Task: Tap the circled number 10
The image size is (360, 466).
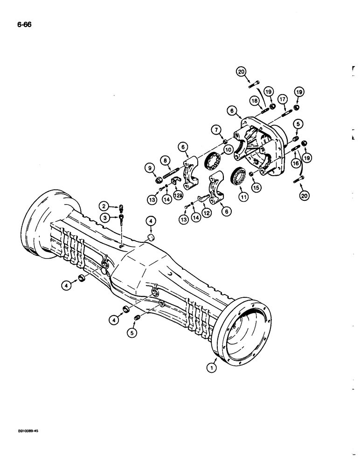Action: (x=229, y=150)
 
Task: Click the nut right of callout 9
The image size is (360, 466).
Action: (x=159, y=178)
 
